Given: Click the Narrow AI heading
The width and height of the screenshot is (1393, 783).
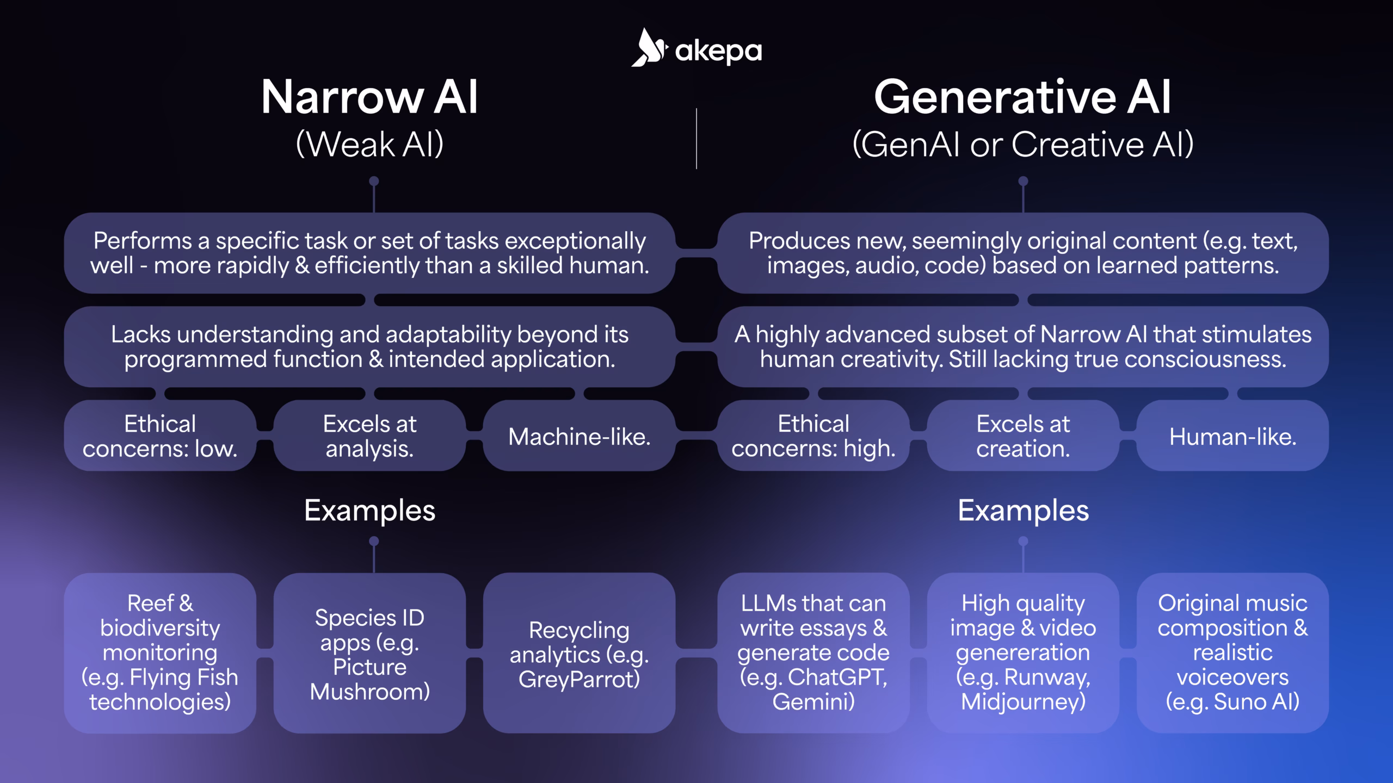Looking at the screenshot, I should (x=369, y=97).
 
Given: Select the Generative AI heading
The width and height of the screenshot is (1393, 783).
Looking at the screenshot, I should (x=1022, y=97).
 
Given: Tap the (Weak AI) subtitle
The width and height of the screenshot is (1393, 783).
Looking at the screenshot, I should (x=369, y=145).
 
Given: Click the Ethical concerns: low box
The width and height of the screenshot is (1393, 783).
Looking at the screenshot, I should (x=160, y=436).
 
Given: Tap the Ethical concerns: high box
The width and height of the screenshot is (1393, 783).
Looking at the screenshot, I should (x=813, y=436).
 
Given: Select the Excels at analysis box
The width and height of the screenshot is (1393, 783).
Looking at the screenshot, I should (x=369, y=436).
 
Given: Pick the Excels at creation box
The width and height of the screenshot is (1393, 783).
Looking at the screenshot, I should (x=1022, y=436).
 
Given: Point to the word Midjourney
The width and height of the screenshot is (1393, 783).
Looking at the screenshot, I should (x=1022, y=701).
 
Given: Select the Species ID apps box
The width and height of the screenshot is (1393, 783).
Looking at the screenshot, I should (x=369, y=653).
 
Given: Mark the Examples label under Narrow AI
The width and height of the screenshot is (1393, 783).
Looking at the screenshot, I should (x=369, y=511).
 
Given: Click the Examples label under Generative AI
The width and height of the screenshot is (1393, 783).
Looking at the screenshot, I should (x=1023, y=511).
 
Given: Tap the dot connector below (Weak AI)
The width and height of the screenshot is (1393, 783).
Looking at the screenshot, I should (x=374, y=181).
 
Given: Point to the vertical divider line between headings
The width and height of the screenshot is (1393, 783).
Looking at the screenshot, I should (x=696, y=139).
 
